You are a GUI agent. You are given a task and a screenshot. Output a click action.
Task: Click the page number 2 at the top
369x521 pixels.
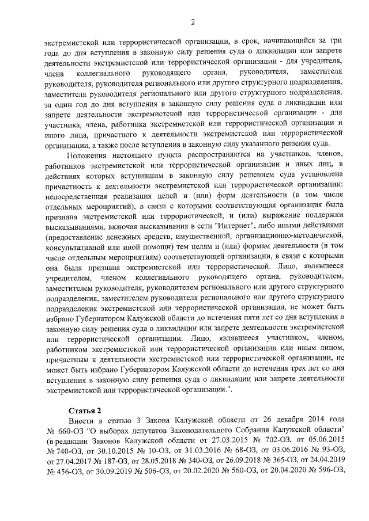point(193,22)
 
